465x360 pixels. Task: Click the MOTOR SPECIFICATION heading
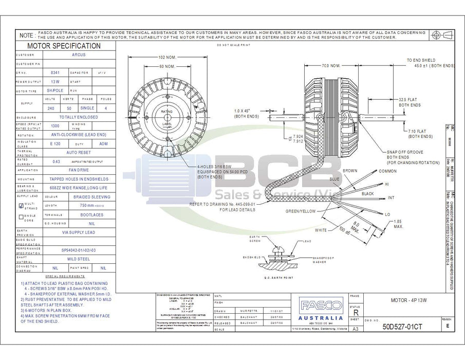point(64,46)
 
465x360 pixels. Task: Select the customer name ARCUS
point(79,55)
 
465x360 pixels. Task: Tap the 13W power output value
point(55,82)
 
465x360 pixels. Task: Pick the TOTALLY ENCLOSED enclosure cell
point(79,117)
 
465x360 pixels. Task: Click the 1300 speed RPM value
point(55,126)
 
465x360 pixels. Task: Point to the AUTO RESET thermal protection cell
point(79,153)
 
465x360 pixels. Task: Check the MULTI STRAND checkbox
point(21,205)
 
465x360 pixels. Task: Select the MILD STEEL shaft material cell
point(79,259)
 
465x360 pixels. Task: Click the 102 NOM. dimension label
point(165,57)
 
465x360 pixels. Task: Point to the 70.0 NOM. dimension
point(331,66)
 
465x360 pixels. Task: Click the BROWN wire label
point(350,171)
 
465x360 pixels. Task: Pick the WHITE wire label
point(321,230)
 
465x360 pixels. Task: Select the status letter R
point(356,313)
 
